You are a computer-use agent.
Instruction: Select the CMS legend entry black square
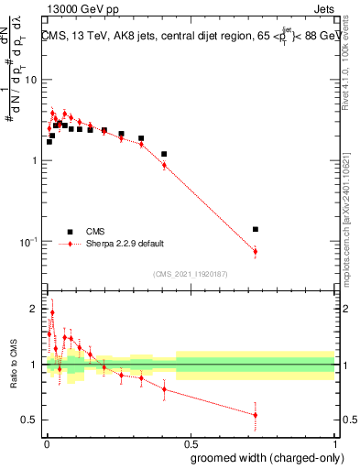[x=69, y=232]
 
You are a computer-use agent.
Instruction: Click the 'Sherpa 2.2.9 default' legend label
[x=125, y=244]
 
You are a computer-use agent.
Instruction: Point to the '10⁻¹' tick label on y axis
[x=27, y=241]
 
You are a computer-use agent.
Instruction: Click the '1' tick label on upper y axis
[x=34, y=161]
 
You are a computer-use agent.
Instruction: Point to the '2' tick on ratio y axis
[x=34, y=310]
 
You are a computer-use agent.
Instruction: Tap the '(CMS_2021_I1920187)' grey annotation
[x=190, y=273]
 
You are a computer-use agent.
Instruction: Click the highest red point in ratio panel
[x=52, y=312]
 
